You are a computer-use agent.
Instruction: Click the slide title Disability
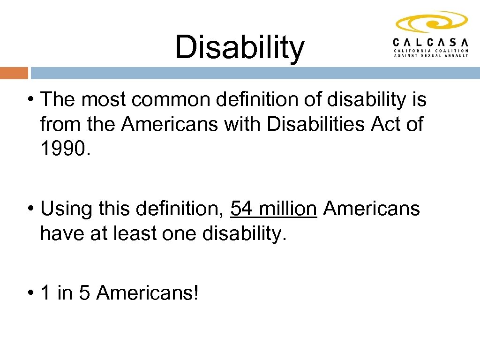click(x=240, y=48)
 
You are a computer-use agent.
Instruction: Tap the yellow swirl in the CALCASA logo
click(x=431, y=22)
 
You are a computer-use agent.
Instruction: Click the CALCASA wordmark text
click(x=430, y=41)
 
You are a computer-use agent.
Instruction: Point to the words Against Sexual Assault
click(x=430, y=55)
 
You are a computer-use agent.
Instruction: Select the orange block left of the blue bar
click(x=14, y=73)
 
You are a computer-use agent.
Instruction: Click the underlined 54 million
click(x=274, y=208)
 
